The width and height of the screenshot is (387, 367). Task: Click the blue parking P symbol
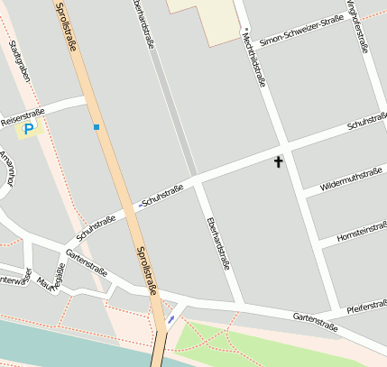(28, 130)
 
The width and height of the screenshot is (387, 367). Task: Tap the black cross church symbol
(278, 161)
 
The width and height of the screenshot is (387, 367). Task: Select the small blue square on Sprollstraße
(97, 127)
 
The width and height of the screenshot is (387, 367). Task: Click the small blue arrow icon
(171, 318)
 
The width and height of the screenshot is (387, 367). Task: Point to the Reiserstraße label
(23, 117)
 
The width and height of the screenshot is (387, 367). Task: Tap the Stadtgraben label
(20, 60)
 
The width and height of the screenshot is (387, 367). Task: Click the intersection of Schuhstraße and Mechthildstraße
(284, 146)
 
